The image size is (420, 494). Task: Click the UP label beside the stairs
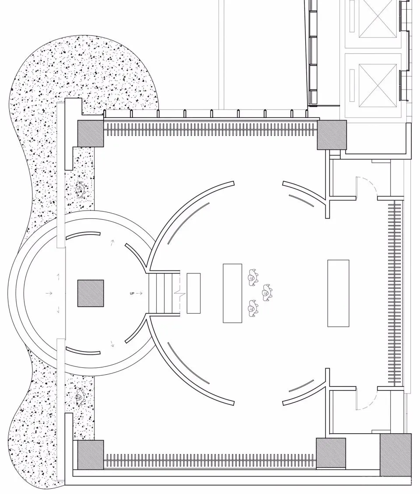(x=132, y=294)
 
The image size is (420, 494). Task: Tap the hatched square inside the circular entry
(x=91, y=294)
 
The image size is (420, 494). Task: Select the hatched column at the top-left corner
(x=91, y=133)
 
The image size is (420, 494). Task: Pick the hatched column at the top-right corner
(x=332, y=135)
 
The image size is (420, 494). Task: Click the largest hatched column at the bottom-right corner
(x=395, y=455)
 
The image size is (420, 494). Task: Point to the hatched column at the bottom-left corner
(x=91, y=455)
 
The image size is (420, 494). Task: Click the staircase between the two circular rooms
(x=164, y=294)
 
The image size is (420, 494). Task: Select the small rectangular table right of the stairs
(x=193, y=294)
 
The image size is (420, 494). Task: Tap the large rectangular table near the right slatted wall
(x=338, y=294)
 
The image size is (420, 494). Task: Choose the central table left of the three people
(x=233, y=294)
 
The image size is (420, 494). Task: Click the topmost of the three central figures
(x=253, y=277)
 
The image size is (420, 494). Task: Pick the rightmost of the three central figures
(x=266, y=293)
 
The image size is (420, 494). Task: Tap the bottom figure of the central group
(x=253, y=308)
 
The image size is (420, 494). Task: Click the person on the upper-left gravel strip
(x=80, y=190)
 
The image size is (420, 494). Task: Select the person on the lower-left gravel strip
(x=80, y=396)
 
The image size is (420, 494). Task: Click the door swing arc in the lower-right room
(x=367, y=400)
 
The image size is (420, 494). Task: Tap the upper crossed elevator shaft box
(x=378, y=20)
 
